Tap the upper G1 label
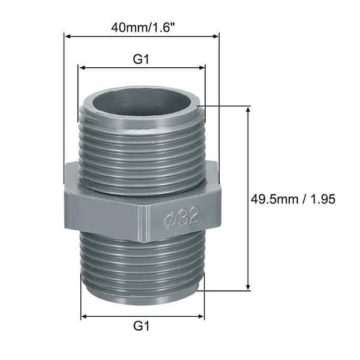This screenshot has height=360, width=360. [141, 59]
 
